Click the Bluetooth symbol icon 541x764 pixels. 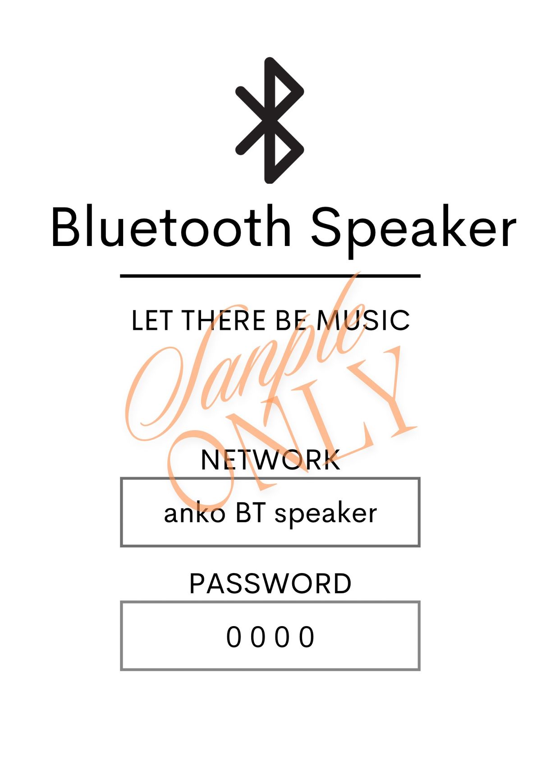click(x=270, y=120)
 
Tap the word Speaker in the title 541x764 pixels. click(x=413, y=232)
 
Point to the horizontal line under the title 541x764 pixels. click(x=270, y=276)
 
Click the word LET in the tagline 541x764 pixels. click(x=151, y=321)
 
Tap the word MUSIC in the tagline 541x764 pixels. click(x=363, y=321)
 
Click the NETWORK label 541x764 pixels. click(x=270, y=460)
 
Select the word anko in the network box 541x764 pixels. click(x=195, y=514)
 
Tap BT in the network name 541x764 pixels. click(x=251, y=514)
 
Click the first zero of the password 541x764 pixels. click(x=234, y=637)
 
